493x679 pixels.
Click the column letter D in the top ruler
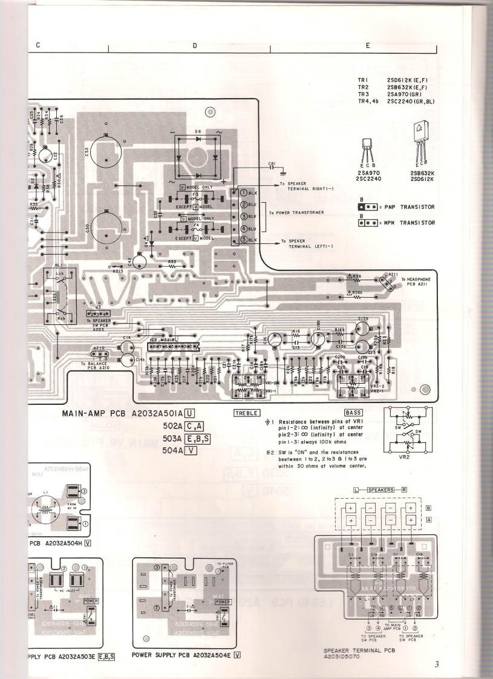(x=195, y=45)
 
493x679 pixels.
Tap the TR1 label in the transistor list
(x=363, y=79)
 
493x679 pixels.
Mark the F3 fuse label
(x=195, y=195)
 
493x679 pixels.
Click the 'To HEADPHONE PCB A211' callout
(x=418, y=281)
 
